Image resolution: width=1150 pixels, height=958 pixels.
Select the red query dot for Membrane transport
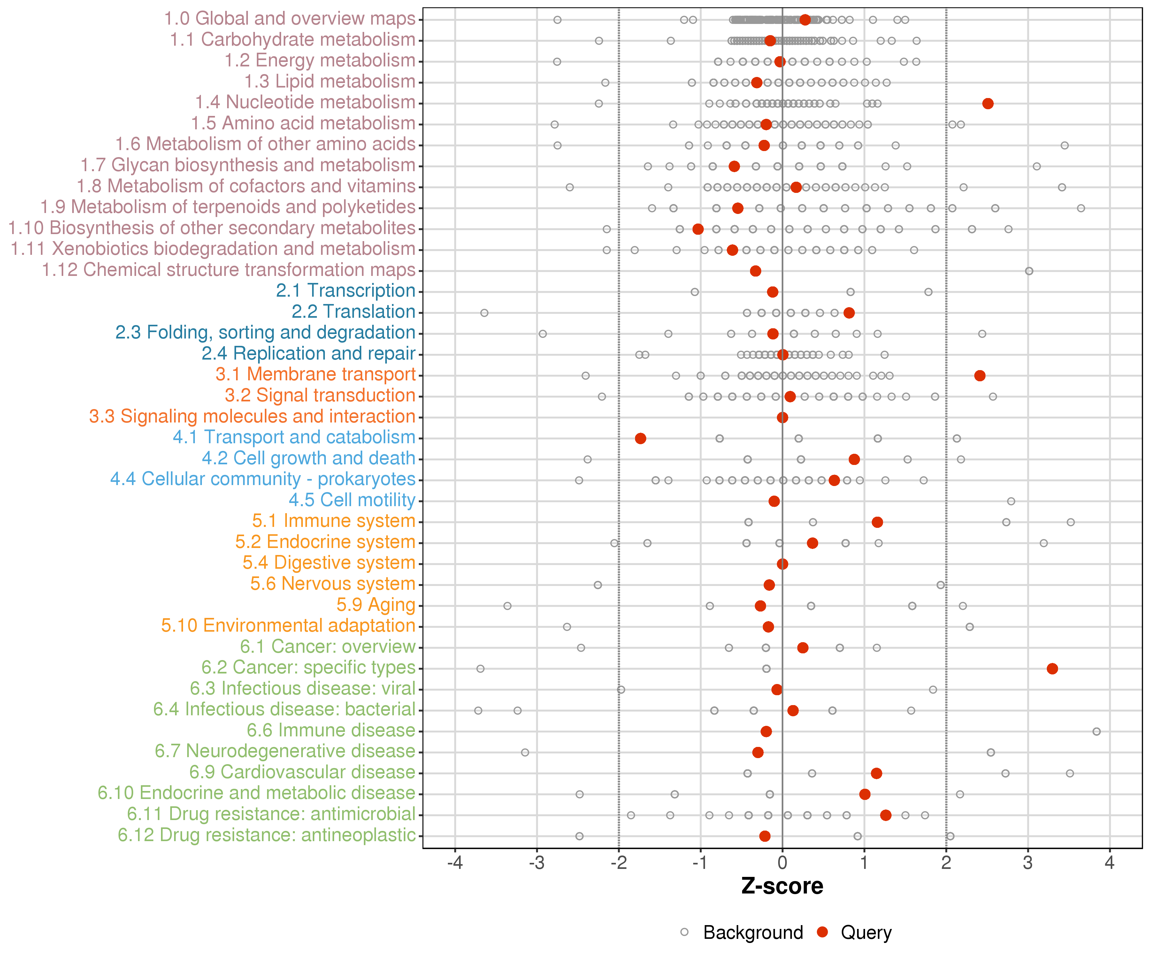(x=980, y=376)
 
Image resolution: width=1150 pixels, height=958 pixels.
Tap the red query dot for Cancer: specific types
(x=1052, y=668)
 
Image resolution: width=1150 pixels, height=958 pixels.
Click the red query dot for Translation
(x=849, y=313)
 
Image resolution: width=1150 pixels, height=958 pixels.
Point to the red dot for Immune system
(x=877, y=522)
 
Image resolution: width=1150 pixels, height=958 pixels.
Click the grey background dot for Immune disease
(x=1096, y=731)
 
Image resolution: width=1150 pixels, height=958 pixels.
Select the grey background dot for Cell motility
(x=1011, y=501)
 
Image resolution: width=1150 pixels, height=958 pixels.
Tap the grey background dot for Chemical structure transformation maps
(x=1029, y=271)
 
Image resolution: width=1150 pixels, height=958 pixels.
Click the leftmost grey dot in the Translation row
(x=484, y=313)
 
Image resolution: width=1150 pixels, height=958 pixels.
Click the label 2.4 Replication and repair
(x=308, y=354)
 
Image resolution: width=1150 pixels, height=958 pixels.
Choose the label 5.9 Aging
(x=376, y=605)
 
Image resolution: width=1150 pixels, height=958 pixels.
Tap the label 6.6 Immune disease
(x=331, y=730)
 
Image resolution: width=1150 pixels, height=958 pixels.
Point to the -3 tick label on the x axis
(x=537, y=863)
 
